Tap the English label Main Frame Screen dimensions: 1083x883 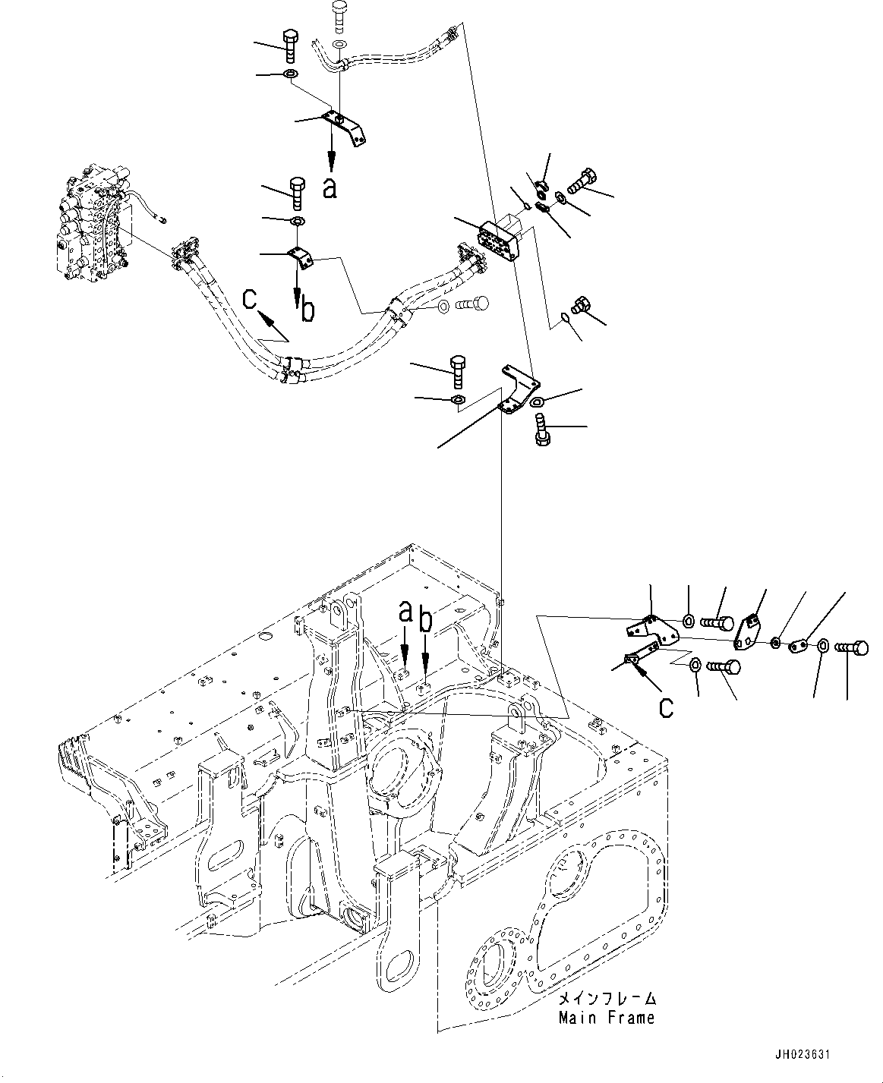[x=606, y=1018]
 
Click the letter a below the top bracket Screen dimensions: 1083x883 [x=330, y=187]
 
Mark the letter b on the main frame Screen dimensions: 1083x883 [x=426, y=620]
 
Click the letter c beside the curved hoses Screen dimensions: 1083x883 [x=249, y=301]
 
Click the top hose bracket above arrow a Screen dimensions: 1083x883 [x=343, y=125]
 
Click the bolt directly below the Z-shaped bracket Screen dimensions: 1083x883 [x=544, y=435]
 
